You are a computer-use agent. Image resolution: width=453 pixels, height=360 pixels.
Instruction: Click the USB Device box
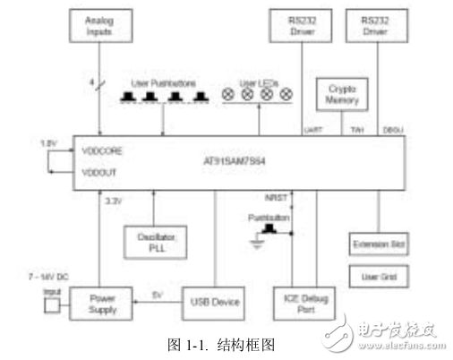215,303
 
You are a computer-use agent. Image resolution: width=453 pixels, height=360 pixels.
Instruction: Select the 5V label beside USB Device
158,295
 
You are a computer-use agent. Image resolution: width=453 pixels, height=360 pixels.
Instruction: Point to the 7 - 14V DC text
48,273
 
